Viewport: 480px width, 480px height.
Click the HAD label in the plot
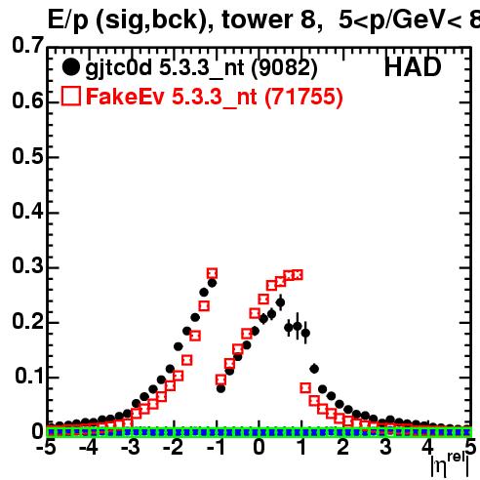point(413,67)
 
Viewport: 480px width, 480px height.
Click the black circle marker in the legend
point(70,67)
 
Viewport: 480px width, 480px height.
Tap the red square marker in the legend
point(71,96)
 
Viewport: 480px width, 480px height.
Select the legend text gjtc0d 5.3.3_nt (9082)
point(201,68)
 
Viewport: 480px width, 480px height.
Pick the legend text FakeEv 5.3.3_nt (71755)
point(215,97)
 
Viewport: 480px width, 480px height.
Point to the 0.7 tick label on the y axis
point(27,45)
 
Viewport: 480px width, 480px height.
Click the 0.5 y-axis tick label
point(27,156)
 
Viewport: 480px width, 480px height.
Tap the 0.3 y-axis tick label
point(27,265)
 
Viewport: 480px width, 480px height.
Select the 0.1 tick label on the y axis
point(29,376)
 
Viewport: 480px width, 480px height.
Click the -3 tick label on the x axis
point(131,447)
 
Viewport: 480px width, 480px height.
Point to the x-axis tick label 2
point(343,447)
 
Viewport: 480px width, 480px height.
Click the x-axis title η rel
point(450,464)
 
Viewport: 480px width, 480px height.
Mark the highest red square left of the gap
point(212,273)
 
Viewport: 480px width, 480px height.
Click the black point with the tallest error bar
point(298,326)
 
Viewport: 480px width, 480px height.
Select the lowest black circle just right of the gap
point(220,388)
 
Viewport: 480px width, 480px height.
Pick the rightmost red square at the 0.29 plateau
point(298,275)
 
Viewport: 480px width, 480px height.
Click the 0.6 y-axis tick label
point(27,101)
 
